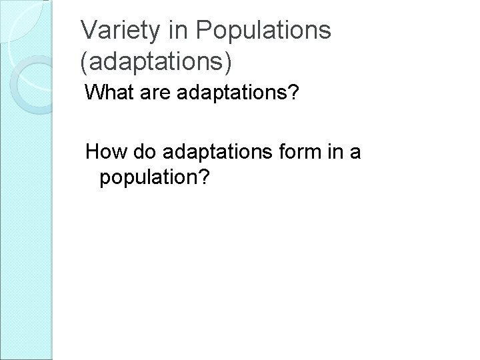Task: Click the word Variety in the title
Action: click(x=117, y=30)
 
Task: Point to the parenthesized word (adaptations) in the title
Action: click(x=157, y=61)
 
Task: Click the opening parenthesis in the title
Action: click(x=83, y=61)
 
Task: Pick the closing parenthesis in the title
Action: click(x=230, y=61)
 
